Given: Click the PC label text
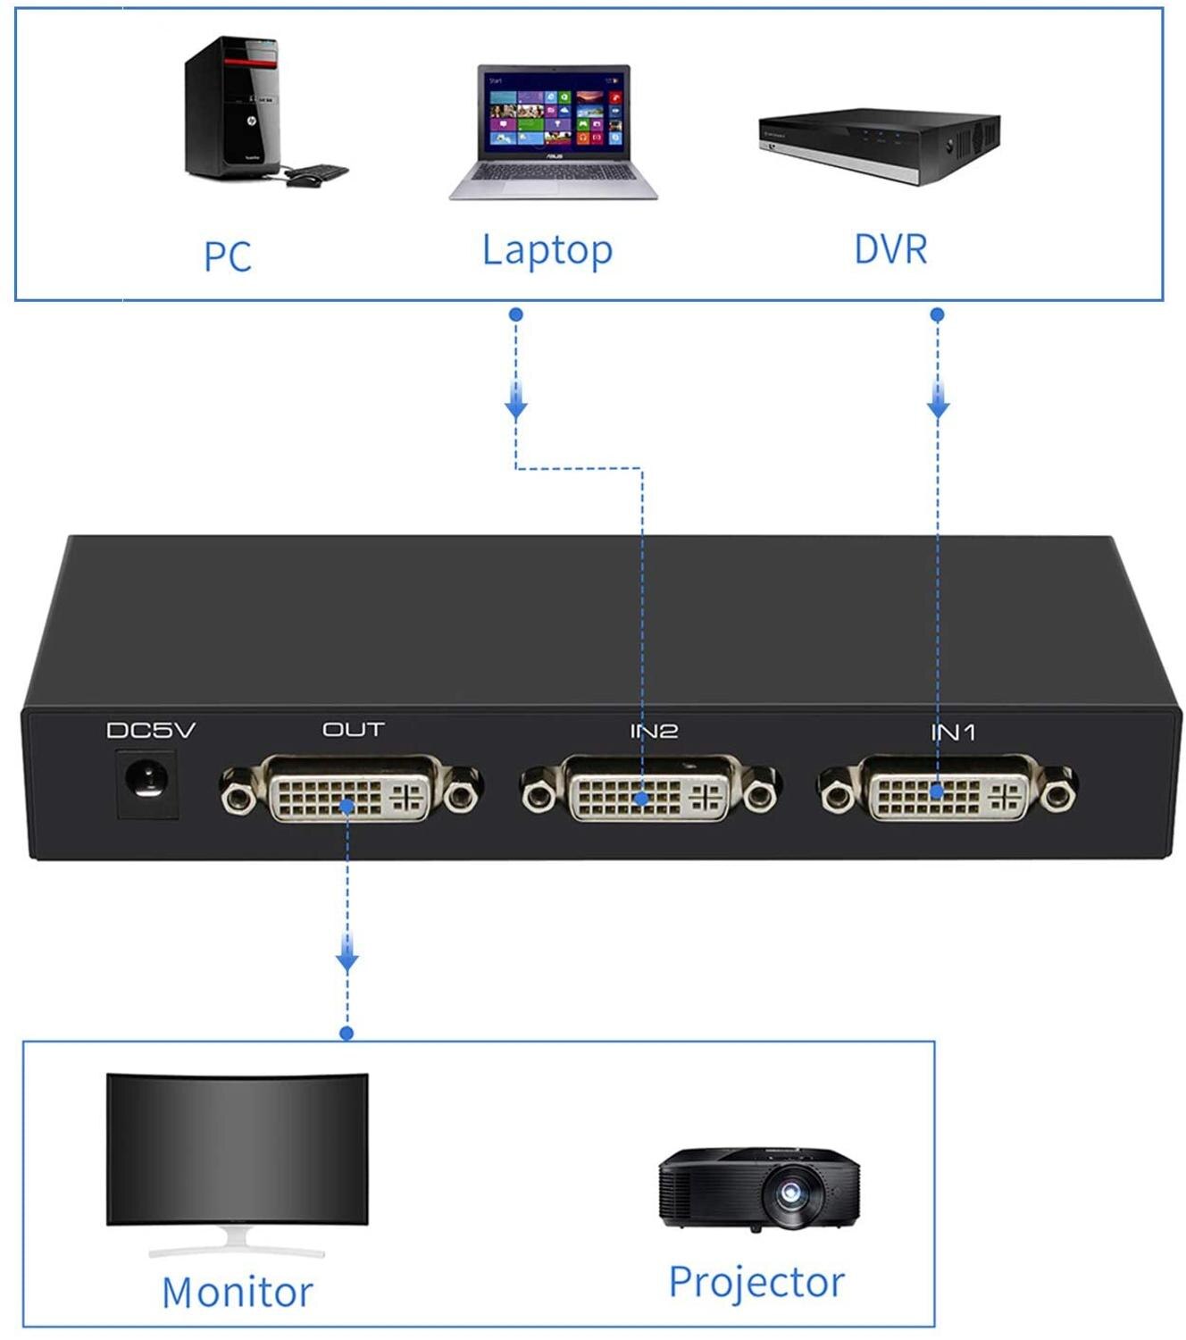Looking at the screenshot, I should pyautogui.click(x=228, y=257).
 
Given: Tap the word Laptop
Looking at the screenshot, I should pyautogui.click(x=547, y=250).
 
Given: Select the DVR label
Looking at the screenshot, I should pyautogui.click(x=890, y=249).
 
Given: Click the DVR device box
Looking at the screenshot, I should pyautogui.click(x=880, y=143).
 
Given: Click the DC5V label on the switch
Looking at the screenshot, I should pyautogui.click(x=151, y=731).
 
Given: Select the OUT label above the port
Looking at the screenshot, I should pyautogui.click(x=353, y=730).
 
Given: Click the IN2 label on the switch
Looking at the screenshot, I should pyautogui.click(x=654, y=731).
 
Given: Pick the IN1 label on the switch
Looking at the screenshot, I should pyautogui.click(x=953, y=733).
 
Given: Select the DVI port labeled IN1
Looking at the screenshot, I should pyautogui.click(x=948, y=788).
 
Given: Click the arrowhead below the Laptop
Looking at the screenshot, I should pyautogui.click(x=515, y=404).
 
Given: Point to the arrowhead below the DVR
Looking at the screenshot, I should pyautogui.click(x=938, y=404).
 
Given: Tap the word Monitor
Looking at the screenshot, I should pyautogui.click(x=238, y=1293).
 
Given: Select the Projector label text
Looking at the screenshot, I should pyautogui.click(x=756, y=1283).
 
